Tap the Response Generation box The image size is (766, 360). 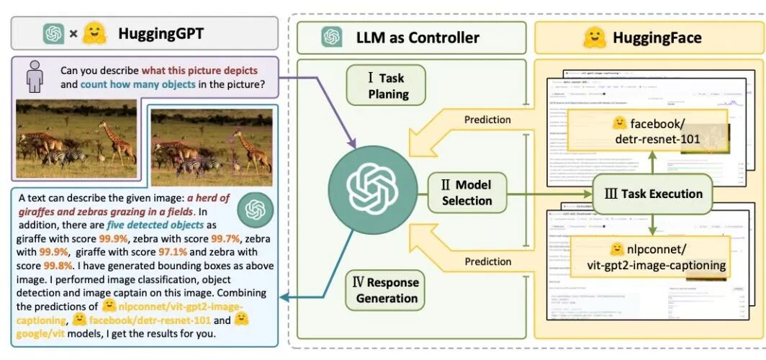385,289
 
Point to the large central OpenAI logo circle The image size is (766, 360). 372,186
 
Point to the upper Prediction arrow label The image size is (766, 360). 487,120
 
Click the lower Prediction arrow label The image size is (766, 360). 487,262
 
